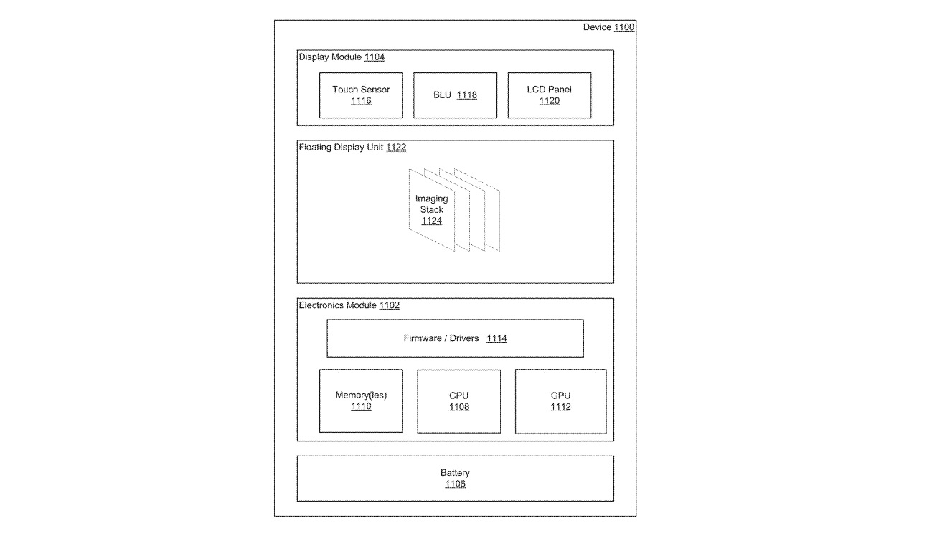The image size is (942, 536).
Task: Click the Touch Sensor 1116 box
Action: [361, 95]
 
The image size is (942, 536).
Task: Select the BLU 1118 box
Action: [455, 95]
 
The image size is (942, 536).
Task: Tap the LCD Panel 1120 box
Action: [550, 95]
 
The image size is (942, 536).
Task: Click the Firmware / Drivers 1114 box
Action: [455, 338]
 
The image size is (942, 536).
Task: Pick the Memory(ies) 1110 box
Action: [361, 401]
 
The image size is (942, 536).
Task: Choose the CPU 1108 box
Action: [459, 401]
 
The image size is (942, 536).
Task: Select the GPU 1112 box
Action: [560, 401]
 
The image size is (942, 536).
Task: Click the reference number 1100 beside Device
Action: [624, 27]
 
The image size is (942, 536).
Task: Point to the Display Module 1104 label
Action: [342, 57]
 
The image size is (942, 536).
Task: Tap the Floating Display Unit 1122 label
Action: [352, 148]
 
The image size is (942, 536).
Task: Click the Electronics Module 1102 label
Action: [349, 305]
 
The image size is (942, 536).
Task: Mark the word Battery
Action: [455, 472]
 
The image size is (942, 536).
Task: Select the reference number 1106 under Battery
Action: [455, 484]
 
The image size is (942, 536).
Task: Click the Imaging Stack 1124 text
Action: [431, 210]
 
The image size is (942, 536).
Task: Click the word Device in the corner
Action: [597, 27]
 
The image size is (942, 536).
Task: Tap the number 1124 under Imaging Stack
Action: [431, 221]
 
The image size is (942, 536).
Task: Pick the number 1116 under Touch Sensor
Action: [361, 101]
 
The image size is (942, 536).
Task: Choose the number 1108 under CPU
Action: [459, 407]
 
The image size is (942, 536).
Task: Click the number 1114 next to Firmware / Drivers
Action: [496, 338]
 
